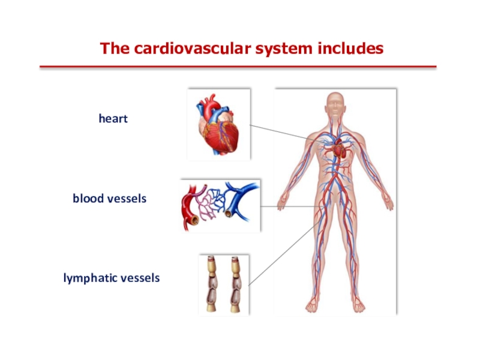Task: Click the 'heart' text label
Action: pos(113,119)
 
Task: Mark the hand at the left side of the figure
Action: pos(282,202)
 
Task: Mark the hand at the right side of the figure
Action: pos(388,202)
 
